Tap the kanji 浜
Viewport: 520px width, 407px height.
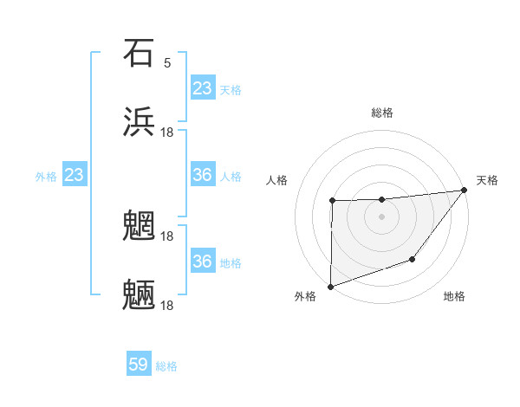tap(139, 122)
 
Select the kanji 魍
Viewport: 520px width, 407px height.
tap(139, 226)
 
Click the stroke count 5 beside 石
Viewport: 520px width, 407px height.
tap(167, 62)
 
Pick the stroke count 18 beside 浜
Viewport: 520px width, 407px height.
tap(168, 132)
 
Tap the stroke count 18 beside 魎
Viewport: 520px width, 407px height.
tap(168, 305)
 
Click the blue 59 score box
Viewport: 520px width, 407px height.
tap(139, 365)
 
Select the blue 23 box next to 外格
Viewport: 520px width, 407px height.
tap(75, 175)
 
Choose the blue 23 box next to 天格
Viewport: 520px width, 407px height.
tap(203, 87)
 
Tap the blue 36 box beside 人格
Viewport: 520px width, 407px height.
tap(203, 175)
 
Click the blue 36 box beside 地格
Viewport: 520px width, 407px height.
tap(203, 262)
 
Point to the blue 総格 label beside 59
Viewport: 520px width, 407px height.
tap(166, 365)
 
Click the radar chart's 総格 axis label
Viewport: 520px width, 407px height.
tap(382, 113)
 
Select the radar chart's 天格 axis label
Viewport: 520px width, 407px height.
tap(487, 180)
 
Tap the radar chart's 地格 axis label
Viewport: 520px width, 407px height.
tap(454, 296)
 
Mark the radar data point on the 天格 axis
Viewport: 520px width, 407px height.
tap(465, 190)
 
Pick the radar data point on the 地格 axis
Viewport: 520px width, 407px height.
tap(413, 259)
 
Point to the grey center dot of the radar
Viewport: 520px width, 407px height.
tap(381, 216)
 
